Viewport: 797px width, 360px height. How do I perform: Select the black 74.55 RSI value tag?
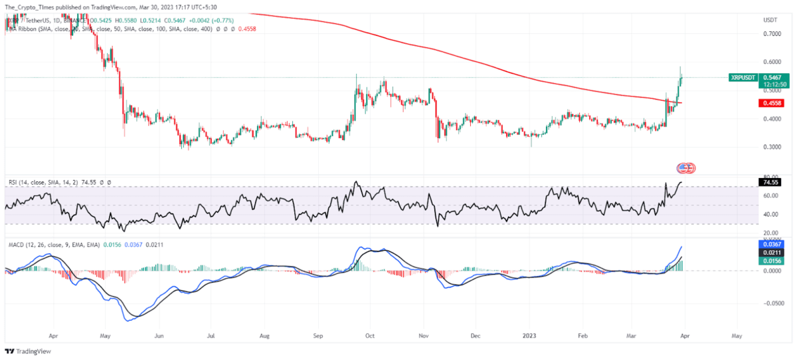770,181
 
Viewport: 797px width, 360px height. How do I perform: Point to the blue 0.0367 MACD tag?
770,244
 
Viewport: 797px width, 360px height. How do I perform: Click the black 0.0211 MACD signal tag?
770,252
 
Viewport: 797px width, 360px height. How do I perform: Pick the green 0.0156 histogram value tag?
770,261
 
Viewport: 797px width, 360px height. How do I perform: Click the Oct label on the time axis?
371,337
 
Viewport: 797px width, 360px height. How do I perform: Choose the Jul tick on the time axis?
210,337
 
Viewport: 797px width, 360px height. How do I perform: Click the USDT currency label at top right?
770,20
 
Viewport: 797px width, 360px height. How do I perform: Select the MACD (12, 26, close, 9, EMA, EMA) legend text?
52,244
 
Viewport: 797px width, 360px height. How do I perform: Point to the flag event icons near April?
685,168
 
